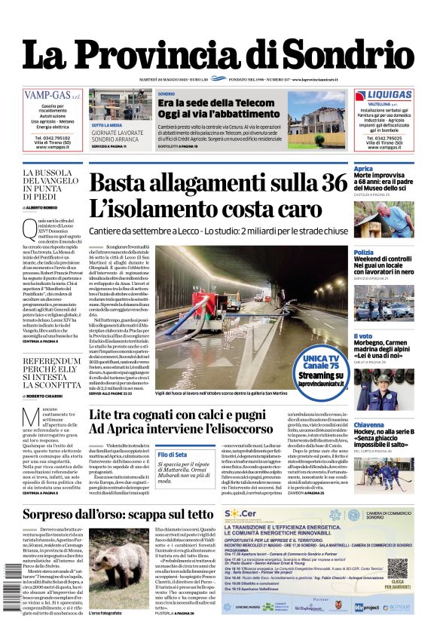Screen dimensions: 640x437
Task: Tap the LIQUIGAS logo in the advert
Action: [x=384, y=96]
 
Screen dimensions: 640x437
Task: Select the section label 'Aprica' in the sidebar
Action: [x=363, y=169]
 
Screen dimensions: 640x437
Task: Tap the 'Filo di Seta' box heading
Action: [x=173, y=454]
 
